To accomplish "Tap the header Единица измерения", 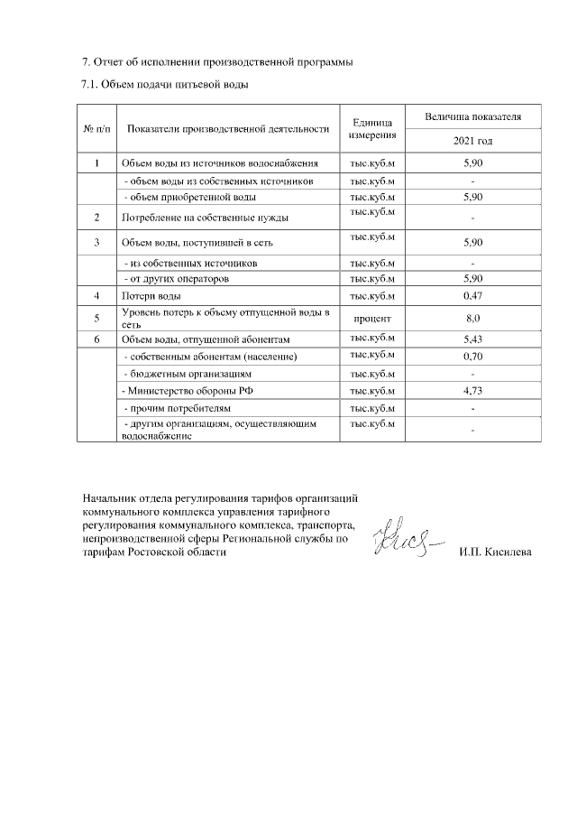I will click(372, 129).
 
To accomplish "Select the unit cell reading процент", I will click(372, 318).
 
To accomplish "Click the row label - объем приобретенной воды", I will click(189, 196).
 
